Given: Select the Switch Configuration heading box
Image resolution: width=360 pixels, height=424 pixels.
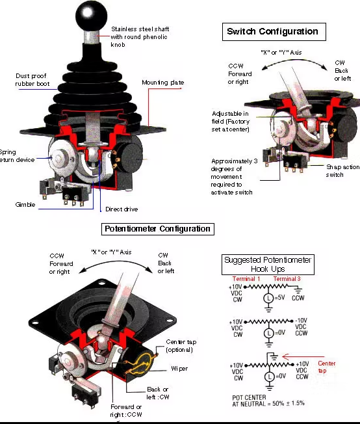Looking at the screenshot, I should pyautogui.click(x=273, y=31).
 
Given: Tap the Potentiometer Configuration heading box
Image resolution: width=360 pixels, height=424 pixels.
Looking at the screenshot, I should pyautogui.click(x=158, y=229).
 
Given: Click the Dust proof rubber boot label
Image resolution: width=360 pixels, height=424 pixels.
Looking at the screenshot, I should pyautogui.click(x=32, y=81).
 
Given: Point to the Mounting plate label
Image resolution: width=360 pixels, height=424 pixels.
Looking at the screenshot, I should pyautogui.click(x=162, y=83).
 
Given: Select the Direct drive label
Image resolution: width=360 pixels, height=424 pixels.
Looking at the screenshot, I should pyautogui.click(x=122, y=209).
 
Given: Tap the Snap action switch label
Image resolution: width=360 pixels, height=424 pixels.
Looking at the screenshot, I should pyautogui.click(x=342, y=170).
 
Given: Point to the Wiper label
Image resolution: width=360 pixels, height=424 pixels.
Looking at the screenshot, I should pyautogui.click(x=180, y=368).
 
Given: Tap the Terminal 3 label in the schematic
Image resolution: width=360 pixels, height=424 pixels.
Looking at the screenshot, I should pyautogui.click(x=287, y=278).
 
